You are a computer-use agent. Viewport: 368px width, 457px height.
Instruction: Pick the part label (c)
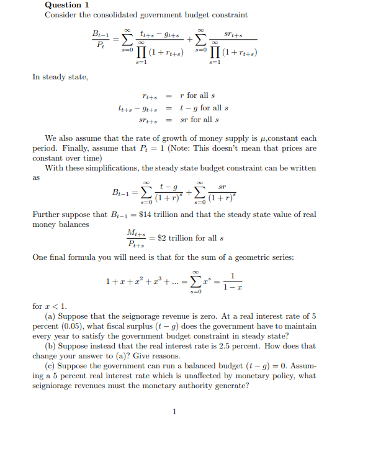click(52, 366)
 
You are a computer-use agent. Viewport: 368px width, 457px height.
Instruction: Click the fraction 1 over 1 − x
click(232, 280)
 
